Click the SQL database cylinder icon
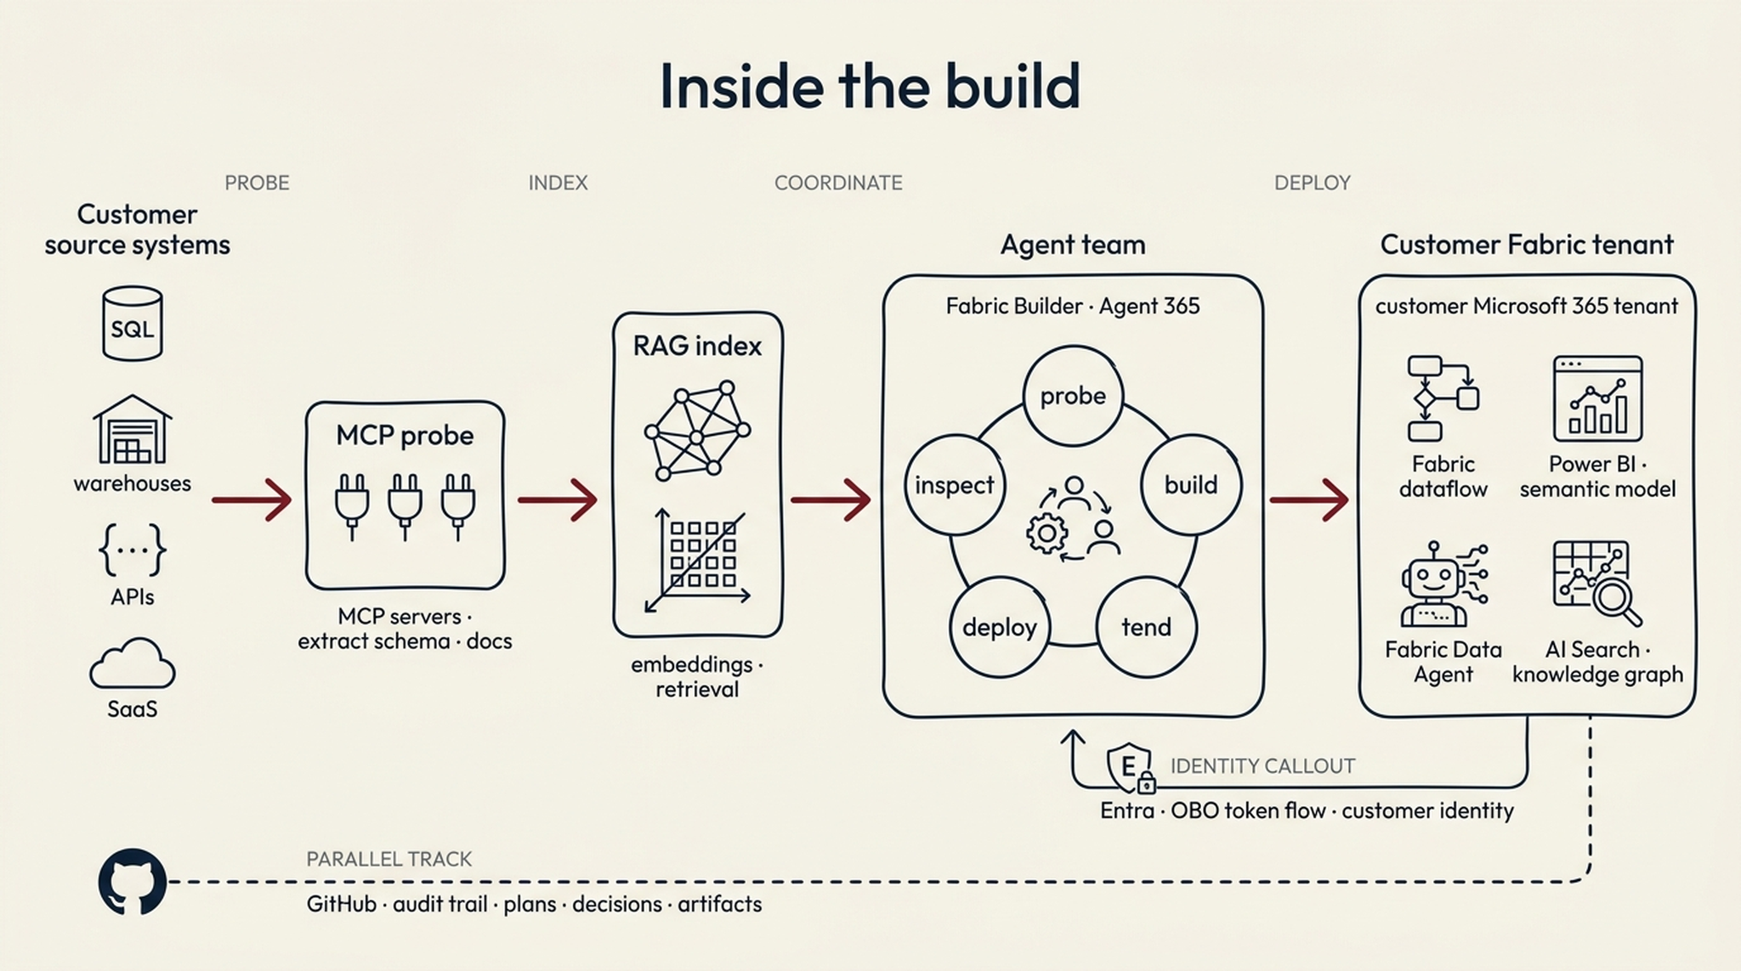[x=132, y=324]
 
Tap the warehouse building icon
[x=132, y=430]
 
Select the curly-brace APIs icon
[x=132, y=550]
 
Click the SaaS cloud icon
[x=132, y=664]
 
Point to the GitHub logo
[x=132, y=882]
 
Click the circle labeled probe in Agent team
[x=1073, y=396]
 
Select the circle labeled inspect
[x=954, y=485]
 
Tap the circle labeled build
[x=1190, y=485]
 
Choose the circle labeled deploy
[x=999, y=628]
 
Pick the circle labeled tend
[x=1146, y=628]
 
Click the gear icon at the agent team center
[x=1046, y=534]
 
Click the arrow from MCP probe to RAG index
[x=558, y=500]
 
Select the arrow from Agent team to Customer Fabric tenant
[x=1309, y=500]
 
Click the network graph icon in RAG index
[x=697, y=432]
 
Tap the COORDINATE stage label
[x=838, y=183]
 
